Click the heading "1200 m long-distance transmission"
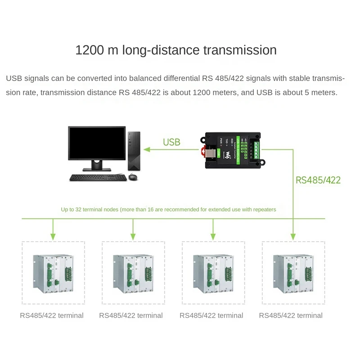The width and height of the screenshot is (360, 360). [x=176, y=50]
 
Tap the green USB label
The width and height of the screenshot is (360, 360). [x=171, y=142]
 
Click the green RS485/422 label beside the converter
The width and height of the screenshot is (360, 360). [x=318, y=180]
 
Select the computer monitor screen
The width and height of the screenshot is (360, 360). [x=97, y=143]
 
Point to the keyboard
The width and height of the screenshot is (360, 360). [x=97, y=177]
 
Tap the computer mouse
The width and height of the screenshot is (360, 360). [x=133, y=177]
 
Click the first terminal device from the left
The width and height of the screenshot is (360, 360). [x=53, y=273]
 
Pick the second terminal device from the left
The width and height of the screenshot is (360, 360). [x=133, y=273]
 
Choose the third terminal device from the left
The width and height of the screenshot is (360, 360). [x=213, y=273]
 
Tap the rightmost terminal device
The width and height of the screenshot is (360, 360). [x=293, y=273]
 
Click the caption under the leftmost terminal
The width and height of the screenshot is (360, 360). [x=52, y=315]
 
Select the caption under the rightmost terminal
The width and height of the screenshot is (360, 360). [x=291, y=315]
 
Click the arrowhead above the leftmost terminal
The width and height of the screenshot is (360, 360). [x=53, y=236]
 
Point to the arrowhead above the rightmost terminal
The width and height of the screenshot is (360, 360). [x=293, y=236]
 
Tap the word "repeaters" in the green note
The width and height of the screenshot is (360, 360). [x=263, y=210]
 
